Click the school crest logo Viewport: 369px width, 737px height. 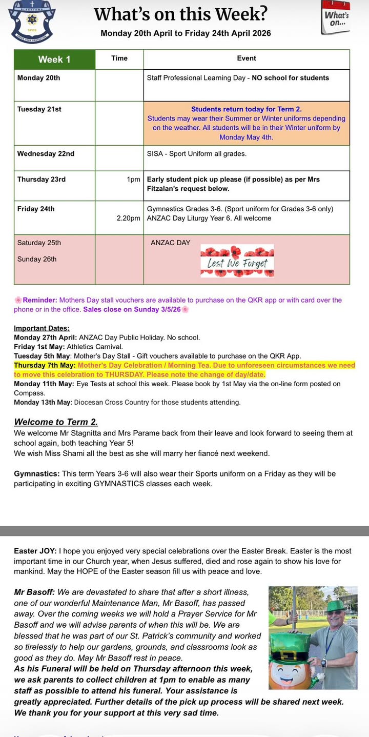31,22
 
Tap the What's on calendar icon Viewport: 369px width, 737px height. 336,18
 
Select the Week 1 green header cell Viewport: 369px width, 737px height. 54,59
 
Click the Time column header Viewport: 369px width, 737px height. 119,58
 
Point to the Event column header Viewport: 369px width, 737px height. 247,58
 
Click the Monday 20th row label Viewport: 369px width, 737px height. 38,78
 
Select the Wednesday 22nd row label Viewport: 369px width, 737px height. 46,153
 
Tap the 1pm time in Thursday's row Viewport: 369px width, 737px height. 133,180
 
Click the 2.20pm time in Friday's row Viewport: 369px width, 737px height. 128,218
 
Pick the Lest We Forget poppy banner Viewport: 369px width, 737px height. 237,261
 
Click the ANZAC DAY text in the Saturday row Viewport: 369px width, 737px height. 170,243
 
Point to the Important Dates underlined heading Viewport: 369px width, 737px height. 42,328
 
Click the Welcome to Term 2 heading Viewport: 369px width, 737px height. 56,422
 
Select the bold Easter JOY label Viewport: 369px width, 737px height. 35,551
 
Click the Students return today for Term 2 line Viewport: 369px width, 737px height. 246,109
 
